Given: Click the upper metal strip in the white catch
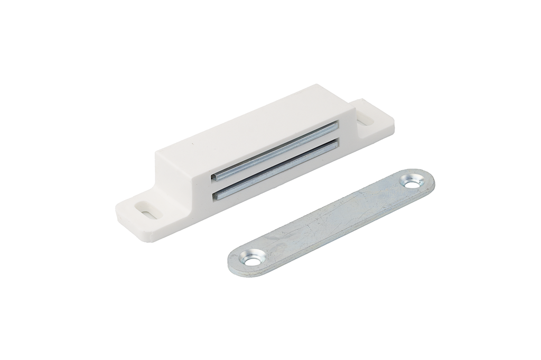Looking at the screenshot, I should click(275, 151).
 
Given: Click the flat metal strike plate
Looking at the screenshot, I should click(333, 219).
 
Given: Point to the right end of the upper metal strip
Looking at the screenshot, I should click(334, 126).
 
